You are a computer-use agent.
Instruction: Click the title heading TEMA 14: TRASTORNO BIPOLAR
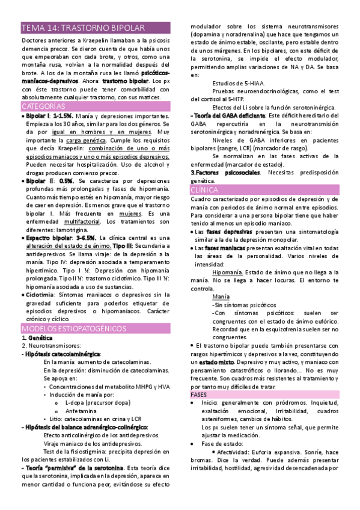[82, 28]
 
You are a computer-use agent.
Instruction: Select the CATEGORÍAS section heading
[43, 106]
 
